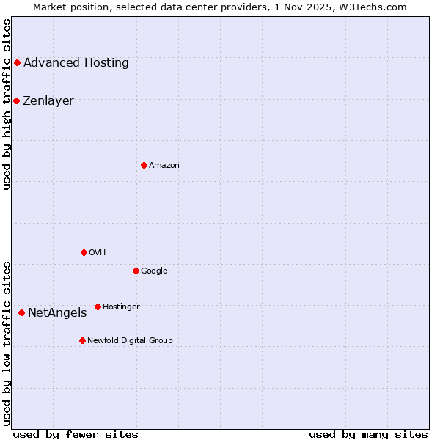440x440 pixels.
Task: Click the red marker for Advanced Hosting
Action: [x=17, y=63]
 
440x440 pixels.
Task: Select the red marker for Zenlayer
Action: [x=16, y=100]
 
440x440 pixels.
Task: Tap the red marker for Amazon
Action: [x=144, y=165]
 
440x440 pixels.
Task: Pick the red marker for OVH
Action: [x=84, y=252]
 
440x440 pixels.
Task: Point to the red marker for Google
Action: [x=136, y=271]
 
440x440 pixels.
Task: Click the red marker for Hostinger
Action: [x=98, y=307]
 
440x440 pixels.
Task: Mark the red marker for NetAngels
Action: [x=21, y=313]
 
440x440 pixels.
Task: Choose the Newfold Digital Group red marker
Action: [x=82, y=340]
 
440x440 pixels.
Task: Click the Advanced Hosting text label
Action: [x=76, y=63]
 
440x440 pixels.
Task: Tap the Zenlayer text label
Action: [x=48, y=101]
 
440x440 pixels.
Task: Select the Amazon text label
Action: [x=164, y=166]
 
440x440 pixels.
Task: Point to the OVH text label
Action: [x=98, y=253]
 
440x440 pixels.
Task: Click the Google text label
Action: [x=154, y=271]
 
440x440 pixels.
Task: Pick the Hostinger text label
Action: [x=121, y=307]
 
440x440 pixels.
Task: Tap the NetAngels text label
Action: [x=57, y=313]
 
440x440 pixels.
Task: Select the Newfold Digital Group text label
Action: [x=130, y=341]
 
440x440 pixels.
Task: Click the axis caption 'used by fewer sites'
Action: [x=76, y=434]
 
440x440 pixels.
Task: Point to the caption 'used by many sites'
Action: [x=368, y=434]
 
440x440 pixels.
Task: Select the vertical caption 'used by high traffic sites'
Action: [x=7, y=104]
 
